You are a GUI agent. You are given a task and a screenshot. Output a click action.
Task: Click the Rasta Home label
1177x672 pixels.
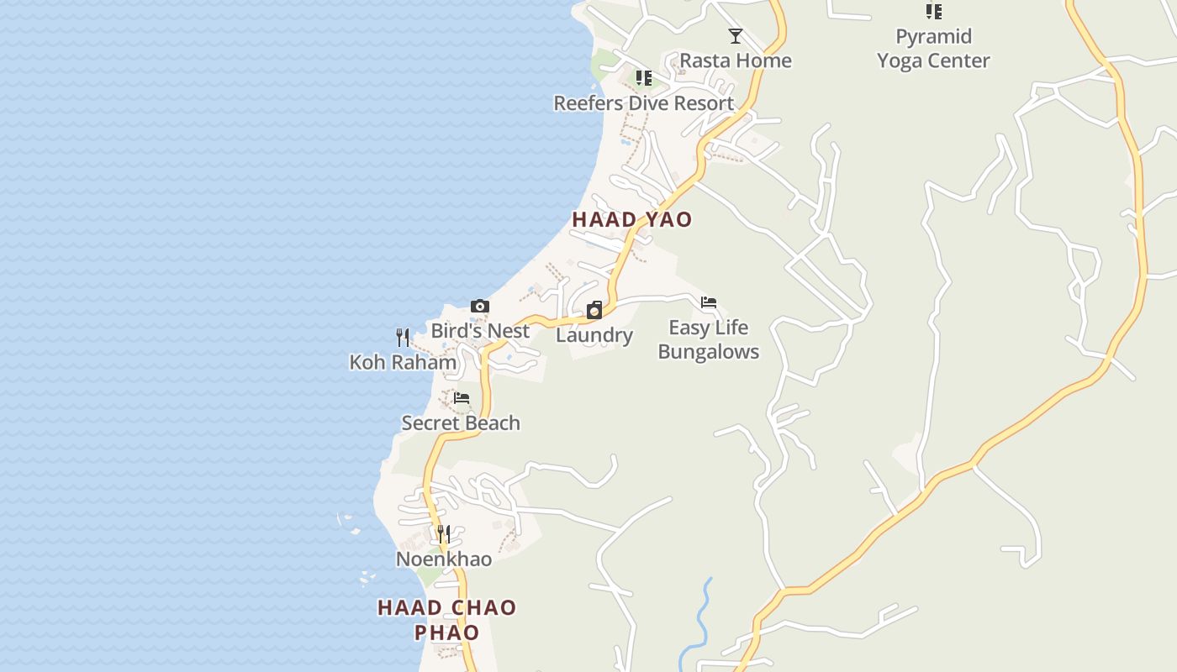pos(736,60)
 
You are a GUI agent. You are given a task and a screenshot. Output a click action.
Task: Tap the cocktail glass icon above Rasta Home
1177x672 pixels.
pos(736,36)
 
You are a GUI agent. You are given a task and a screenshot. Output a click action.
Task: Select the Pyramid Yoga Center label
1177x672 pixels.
pos(933,49)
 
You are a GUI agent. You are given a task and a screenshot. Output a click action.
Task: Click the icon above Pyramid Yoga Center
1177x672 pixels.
pos(933,12)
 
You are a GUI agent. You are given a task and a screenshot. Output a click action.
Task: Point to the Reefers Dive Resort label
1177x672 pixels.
pos(644,103)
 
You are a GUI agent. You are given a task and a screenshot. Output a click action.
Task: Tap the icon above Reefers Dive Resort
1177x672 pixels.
pos(644,79)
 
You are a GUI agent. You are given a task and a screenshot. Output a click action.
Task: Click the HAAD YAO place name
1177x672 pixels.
pos(632,220)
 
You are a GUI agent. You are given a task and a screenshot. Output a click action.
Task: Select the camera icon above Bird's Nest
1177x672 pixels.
pos(480,307)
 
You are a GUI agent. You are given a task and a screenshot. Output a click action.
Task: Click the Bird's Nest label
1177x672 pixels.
pos(480,331)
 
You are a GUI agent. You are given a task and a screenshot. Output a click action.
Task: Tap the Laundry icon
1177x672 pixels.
pos(594,311)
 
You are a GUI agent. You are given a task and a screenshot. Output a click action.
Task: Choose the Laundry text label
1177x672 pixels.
pos(594,336)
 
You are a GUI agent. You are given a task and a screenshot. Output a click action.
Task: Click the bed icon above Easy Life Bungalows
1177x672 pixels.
pos(709,303)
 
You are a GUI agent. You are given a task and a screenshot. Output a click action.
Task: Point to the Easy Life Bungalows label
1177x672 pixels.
pos(709,339)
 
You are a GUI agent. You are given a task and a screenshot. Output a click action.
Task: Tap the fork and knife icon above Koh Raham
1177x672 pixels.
pos(403,338)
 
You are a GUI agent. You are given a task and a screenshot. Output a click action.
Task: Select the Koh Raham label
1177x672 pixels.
pos(403,363)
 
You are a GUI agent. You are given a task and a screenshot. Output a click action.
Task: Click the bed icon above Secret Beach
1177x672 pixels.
pos(462,398)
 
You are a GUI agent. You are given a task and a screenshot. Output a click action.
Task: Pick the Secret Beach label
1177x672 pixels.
pos(461,423)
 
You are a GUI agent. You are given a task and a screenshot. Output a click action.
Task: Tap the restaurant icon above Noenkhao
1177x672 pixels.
pos(444,534)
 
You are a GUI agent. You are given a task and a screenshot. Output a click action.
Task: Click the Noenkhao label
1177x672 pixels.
pos(444,559)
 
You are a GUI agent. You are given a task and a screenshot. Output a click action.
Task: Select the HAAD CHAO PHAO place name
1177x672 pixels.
pos(447,620)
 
